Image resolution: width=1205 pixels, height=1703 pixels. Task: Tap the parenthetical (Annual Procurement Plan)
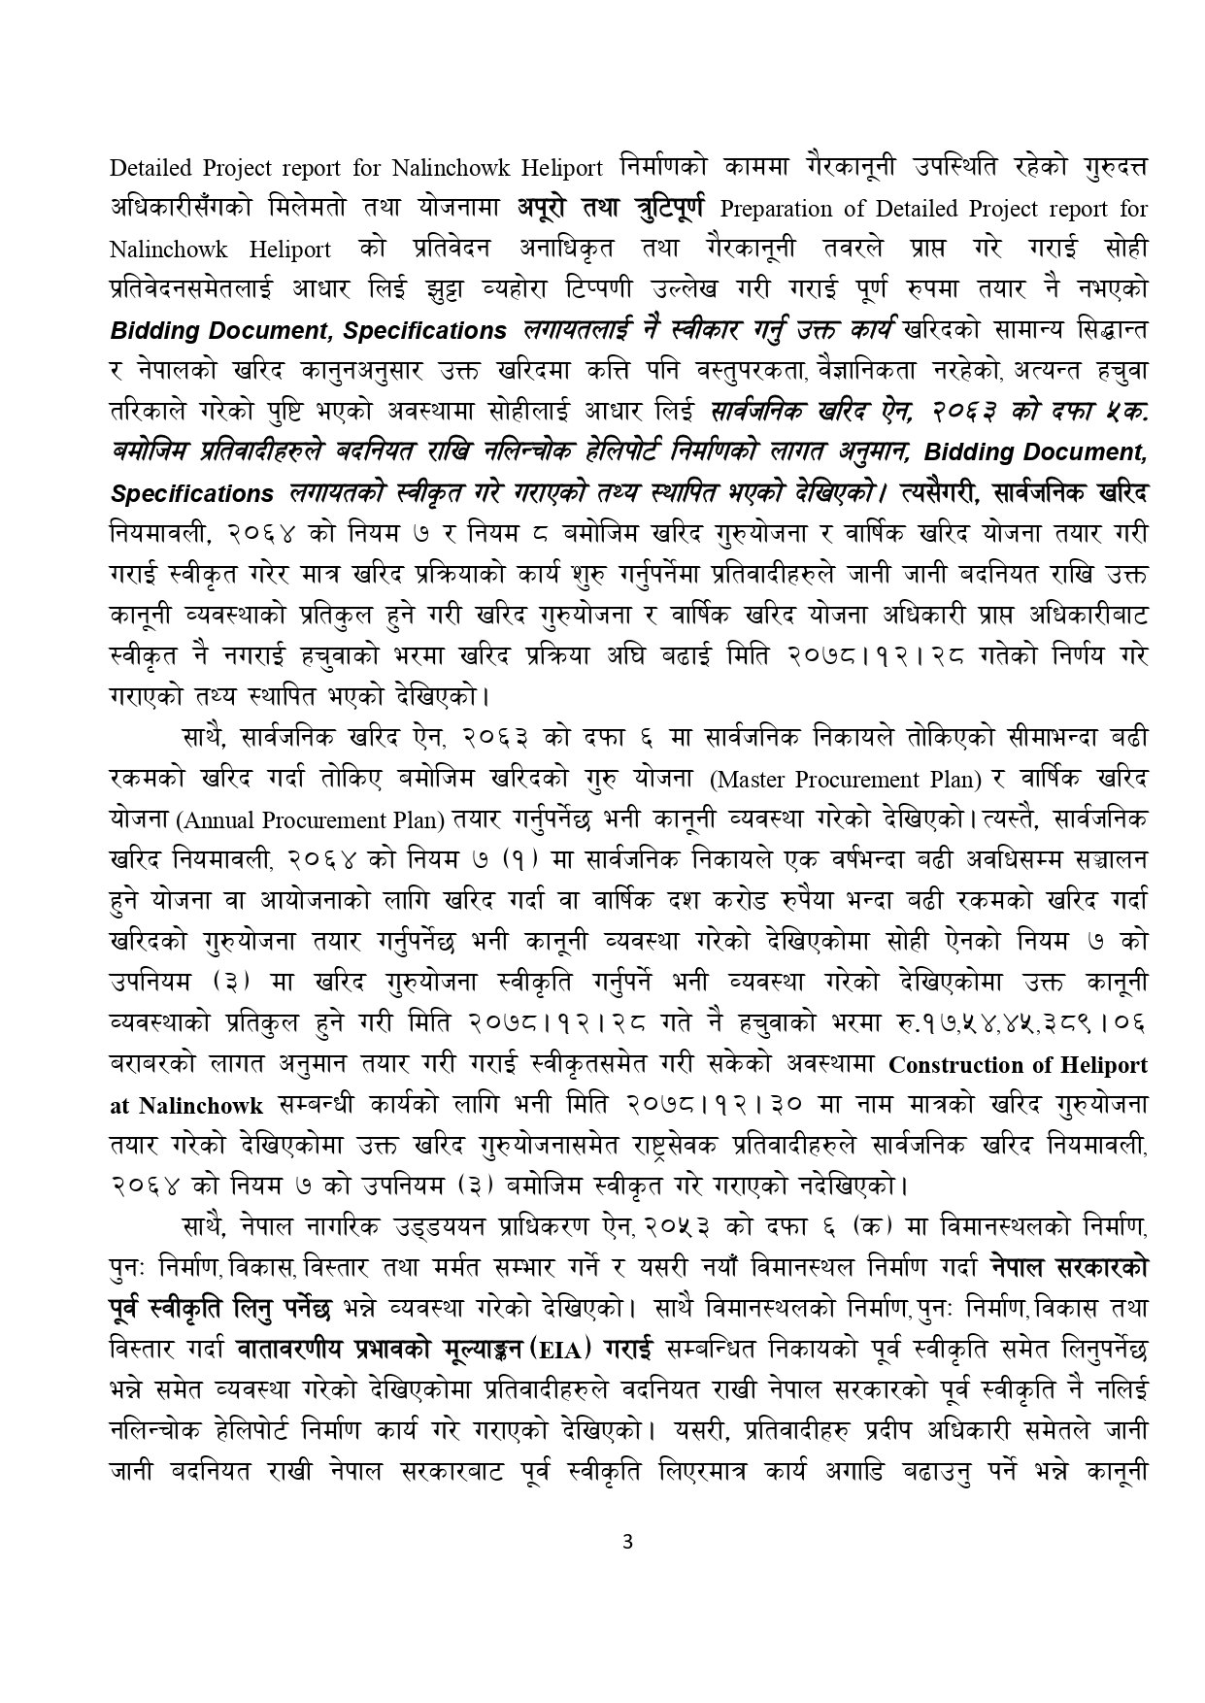coord(310,819)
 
